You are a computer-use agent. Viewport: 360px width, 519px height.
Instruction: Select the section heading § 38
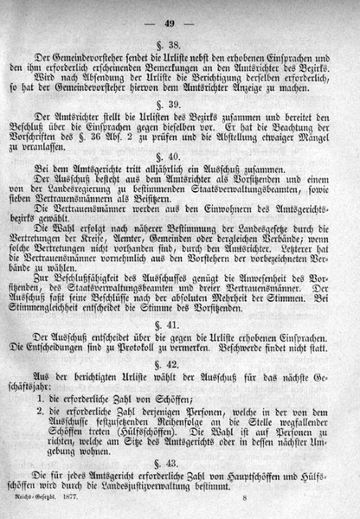point(183,44)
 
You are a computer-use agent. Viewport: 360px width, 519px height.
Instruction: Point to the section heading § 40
point(183,179)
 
